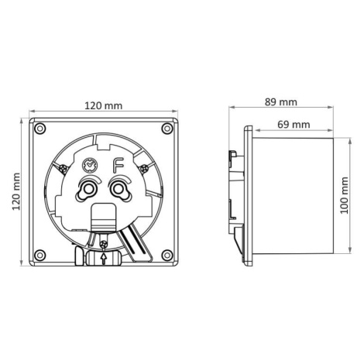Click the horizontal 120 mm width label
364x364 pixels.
[104, 105]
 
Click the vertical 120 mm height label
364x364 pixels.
[16, 191]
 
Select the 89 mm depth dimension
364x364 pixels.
[281, 102]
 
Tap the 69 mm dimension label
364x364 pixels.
[294, 125]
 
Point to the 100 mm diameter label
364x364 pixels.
[344, 195]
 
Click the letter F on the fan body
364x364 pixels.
[118, 166]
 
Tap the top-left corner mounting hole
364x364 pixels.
[40, 129]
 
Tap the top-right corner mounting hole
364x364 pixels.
[167, 129]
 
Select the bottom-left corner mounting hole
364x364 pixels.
[40, 256]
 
